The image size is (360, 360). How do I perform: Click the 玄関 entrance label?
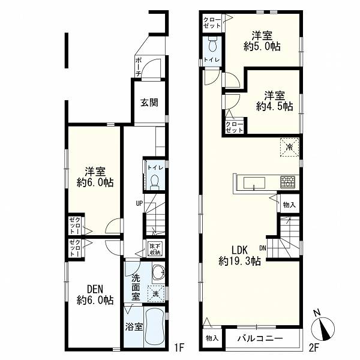coord(149,103)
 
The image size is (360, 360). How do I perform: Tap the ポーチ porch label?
coord(138,67)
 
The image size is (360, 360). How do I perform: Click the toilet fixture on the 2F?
coord(212,44)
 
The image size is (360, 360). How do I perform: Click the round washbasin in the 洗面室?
coord(158,272)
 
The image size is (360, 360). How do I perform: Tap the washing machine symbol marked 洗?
coord(156,293)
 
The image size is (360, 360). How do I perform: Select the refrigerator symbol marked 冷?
coord(290,147)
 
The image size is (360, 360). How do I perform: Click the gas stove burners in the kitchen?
coord(287,182)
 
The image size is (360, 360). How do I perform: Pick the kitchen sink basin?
coord(254,183)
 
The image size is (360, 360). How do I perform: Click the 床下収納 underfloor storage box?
coord(156,249)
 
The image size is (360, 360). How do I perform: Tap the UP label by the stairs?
coord(139,203)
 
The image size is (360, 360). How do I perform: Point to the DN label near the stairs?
coord(263,248)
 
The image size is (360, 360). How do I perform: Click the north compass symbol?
coord(323,326)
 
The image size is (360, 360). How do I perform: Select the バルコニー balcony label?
coord(260,338)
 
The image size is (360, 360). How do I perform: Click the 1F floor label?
coord(179,348)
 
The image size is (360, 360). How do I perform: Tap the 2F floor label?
coord(314,348)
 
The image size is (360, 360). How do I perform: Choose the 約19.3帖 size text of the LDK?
coord(239,261)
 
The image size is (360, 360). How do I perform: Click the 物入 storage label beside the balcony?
coord(212,338)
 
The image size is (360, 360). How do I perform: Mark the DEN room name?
coord(95,289)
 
